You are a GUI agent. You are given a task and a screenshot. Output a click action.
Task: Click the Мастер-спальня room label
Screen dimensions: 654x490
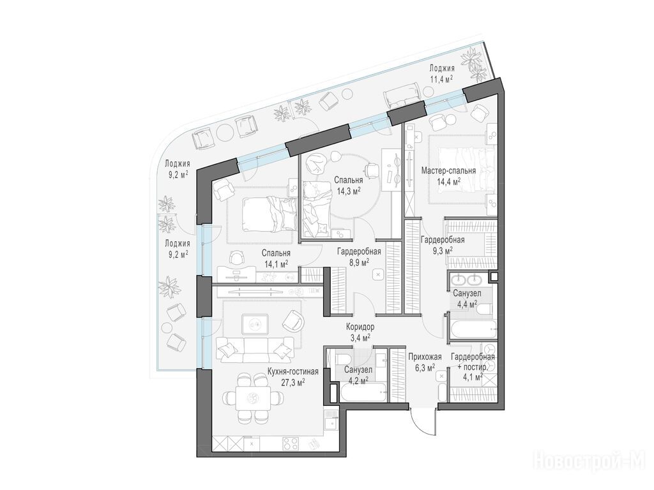coord(448,171)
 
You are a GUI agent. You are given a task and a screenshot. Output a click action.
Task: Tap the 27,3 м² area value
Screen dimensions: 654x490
coord(293,383)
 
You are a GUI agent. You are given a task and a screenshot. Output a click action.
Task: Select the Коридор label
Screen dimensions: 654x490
coord(360,327)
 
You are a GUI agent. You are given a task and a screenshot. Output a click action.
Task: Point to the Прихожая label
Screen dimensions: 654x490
coord(425,357)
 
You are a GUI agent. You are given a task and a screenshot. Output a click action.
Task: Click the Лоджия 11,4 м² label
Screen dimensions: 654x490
coord(442,73)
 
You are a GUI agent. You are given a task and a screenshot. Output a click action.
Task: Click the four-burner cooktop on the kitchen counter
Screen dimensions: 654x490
coord(291,443)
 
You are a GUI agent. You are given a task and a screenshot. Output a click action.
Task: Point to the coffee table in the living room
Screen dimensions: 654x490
coord(255,323)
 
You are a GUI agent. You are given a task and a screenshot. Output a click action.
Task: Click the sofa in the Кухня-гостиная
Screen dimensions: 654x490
coord(253,350)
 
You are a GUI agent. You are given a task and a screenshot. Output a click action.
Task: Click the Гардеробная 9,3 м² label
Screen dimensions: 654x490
coord(442,246)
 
